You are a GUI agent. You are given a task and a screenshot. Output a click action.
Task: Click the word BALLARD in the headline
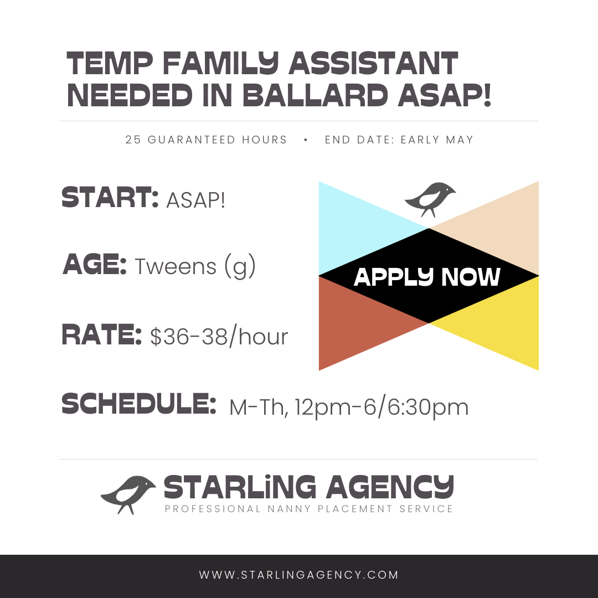315,95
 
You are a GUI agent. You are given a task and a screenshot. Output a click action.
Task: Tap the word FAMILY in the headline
220,63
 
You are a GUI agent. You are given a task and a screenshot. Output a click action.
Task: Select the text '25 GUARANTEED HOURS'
206,140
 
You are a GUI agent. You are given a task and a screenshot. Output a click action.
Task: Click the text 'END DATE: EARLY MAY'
399,140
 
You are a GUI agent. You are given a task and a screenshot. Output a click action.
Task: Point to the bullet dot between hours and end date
306,140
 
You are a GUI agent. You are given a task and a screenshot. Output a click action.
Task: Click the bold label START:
110,198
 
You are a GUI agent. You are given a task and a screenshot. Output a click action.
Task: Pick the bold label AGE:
95,264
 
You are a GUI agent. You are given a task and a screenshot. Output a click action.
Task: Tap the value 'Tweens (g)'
195,266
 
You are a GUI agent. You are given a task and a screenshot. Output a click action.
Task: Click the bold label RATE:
101,334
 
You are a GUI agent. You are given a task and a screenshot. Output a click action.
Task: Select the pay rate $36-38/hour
219,337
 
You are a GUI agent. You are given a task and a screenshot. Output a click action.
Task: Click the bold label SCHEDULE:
139,404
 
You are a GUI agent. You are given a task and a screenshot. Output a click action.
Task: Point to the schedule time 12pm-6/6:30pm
382,408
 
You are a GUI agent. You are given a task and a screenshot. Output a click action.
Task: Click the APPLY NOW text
427,277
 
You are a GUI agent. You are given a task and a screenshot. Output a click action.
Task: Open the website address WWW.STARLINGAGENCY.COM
299,575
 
